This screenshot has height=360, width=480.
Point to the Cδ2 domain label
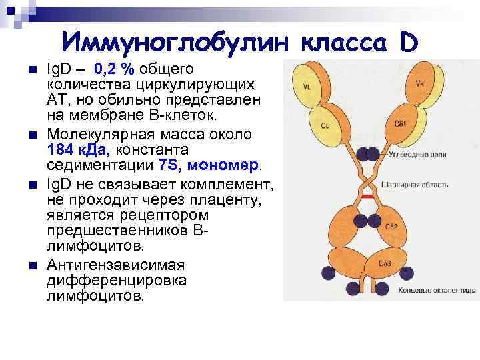[x=393, y=227]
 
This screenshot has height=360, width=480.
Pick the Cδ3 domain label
[x=385, y=264]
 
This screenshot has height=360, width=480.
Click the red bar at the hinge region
[x=367, y=198]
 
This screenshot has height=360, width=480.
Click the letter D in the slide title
[x=409, y=42]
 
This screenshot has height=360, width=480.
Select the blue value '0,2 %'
[x=115, y=69]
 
